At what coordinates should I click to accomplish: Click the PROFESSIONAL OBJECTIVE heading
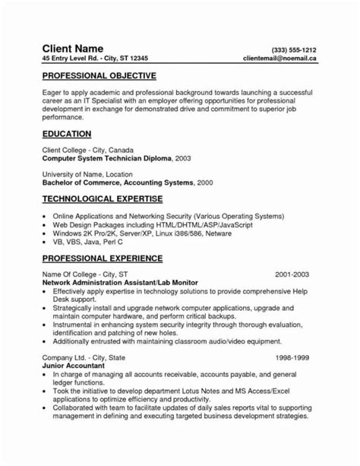coord(99,77)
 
